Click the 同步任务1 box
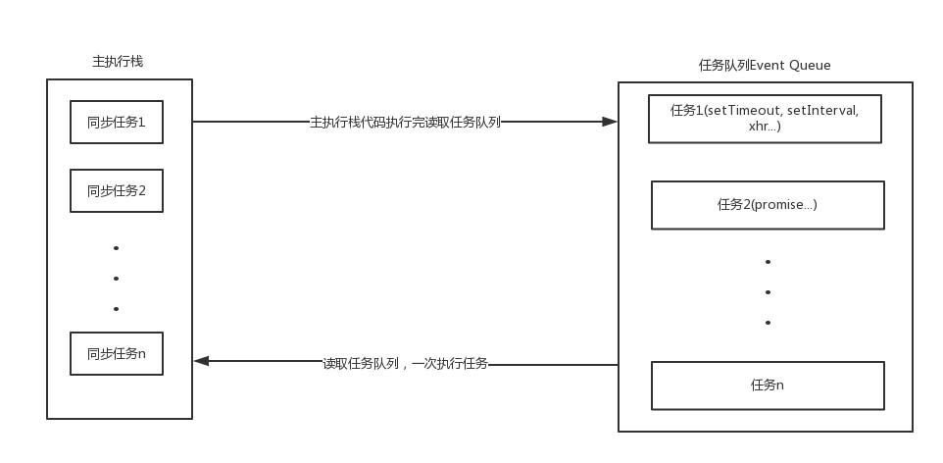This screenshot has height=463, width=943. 117,123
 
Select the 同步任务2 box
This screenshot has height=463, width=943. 117,190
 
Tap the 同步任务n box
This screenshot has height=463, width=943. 117,353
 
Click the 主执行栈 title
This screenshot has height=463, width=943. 118,61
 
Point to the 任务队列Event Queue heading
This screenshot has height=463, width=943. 765,66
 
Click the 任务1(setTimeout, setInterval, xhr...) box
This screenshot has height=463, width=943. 765,118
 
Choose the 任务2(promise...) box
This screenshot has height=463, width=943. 768,205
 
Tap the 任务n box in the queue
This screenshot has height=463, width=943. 768,386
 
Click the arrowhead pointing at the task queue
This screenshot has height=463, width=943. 610,122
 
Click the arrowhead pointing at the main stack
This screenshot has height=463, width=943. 201,361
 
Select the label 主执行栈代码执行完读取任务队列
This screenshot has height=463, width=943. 405,123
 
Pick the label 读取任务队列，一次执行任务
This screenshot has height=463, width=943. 405,363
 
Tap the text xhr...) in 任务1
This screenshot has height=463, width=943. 765,126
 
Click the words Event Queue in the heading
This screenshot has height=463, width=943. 798,66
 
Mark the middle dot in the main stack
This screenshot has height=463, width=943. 116,279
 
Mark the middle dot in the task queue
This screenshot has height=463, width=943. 768,292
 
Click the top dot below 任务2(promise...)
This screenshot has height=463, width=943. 768,262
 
